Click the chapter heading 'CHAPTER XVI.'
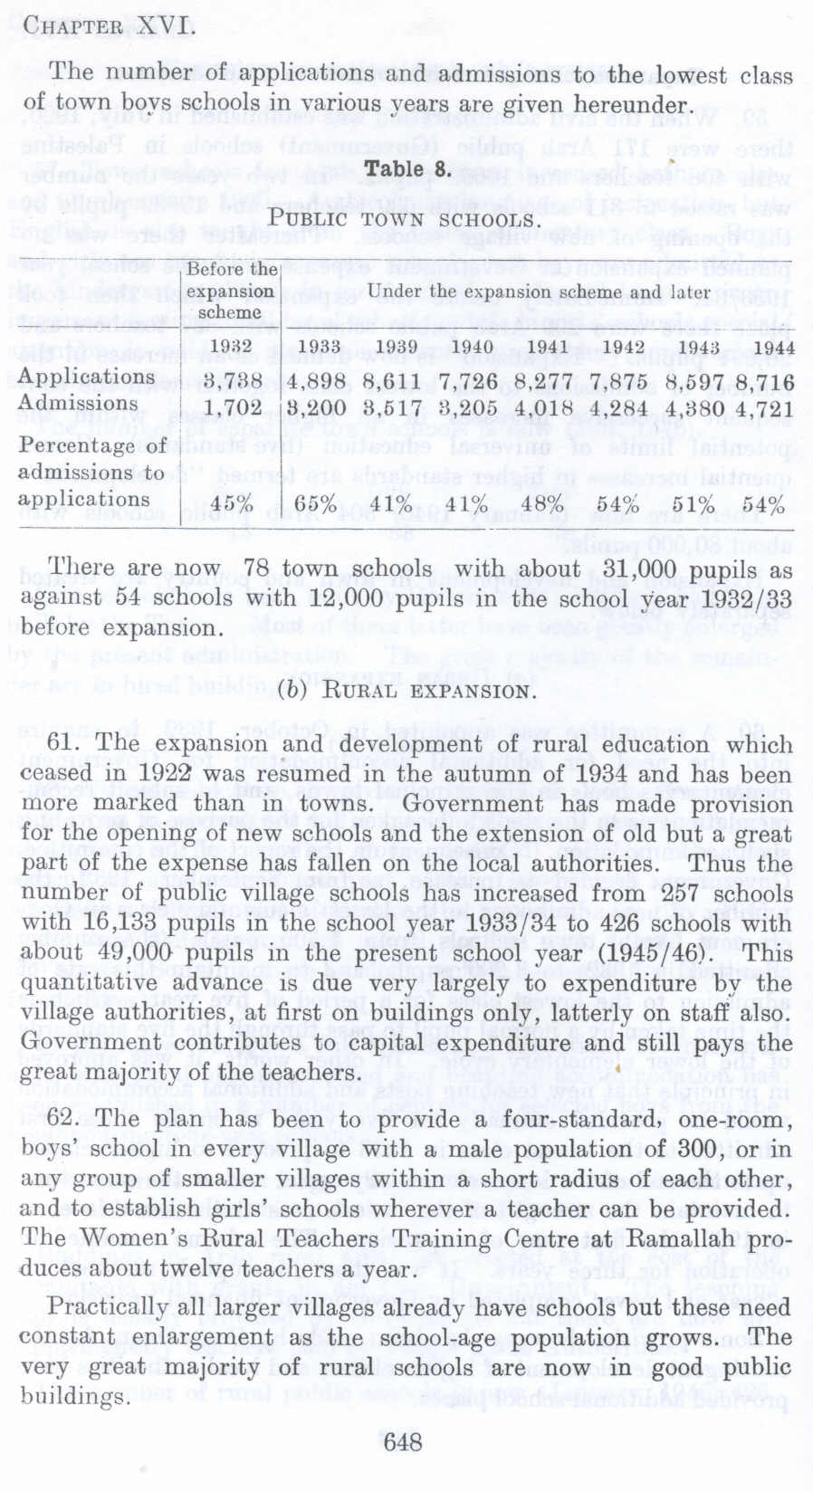coord(109,25)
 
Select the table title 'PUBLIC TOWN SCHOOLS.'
coord(405,218)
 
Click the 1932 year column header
coord(230,346)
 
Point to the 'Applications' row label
coord(87,377)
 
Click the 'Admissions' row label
coord(79,403)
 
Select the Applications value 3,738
coord(232,381)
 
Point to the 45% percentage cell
coord(233,504)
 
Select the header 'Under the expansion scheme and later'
coord(539,292)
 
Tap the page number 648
coord(403,1441)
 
